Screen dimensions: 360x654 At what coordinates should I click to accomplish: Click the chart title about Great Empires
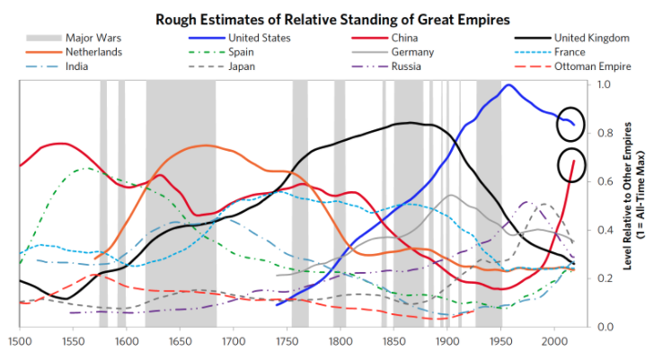(326, 18)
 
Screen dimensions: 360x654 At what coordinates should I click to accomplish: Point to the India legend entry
(81, 66)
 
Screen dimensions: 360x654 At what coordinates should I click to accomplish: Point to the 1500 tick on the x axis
(19, 342)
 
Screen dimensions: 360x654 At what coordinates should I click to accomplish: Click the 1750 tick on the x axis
(287, 342)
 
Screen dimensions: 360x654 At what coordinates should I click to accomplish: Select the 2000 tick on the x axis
(553, 342)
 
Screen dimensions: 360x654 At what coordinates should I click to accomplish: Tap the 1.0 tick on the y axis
(604, 84)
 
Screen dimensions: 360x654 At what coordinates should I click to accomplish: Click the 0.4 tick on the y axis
(604, 230)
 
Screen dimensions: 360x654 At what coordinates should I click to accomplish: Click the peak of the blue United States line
(509, 85)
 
